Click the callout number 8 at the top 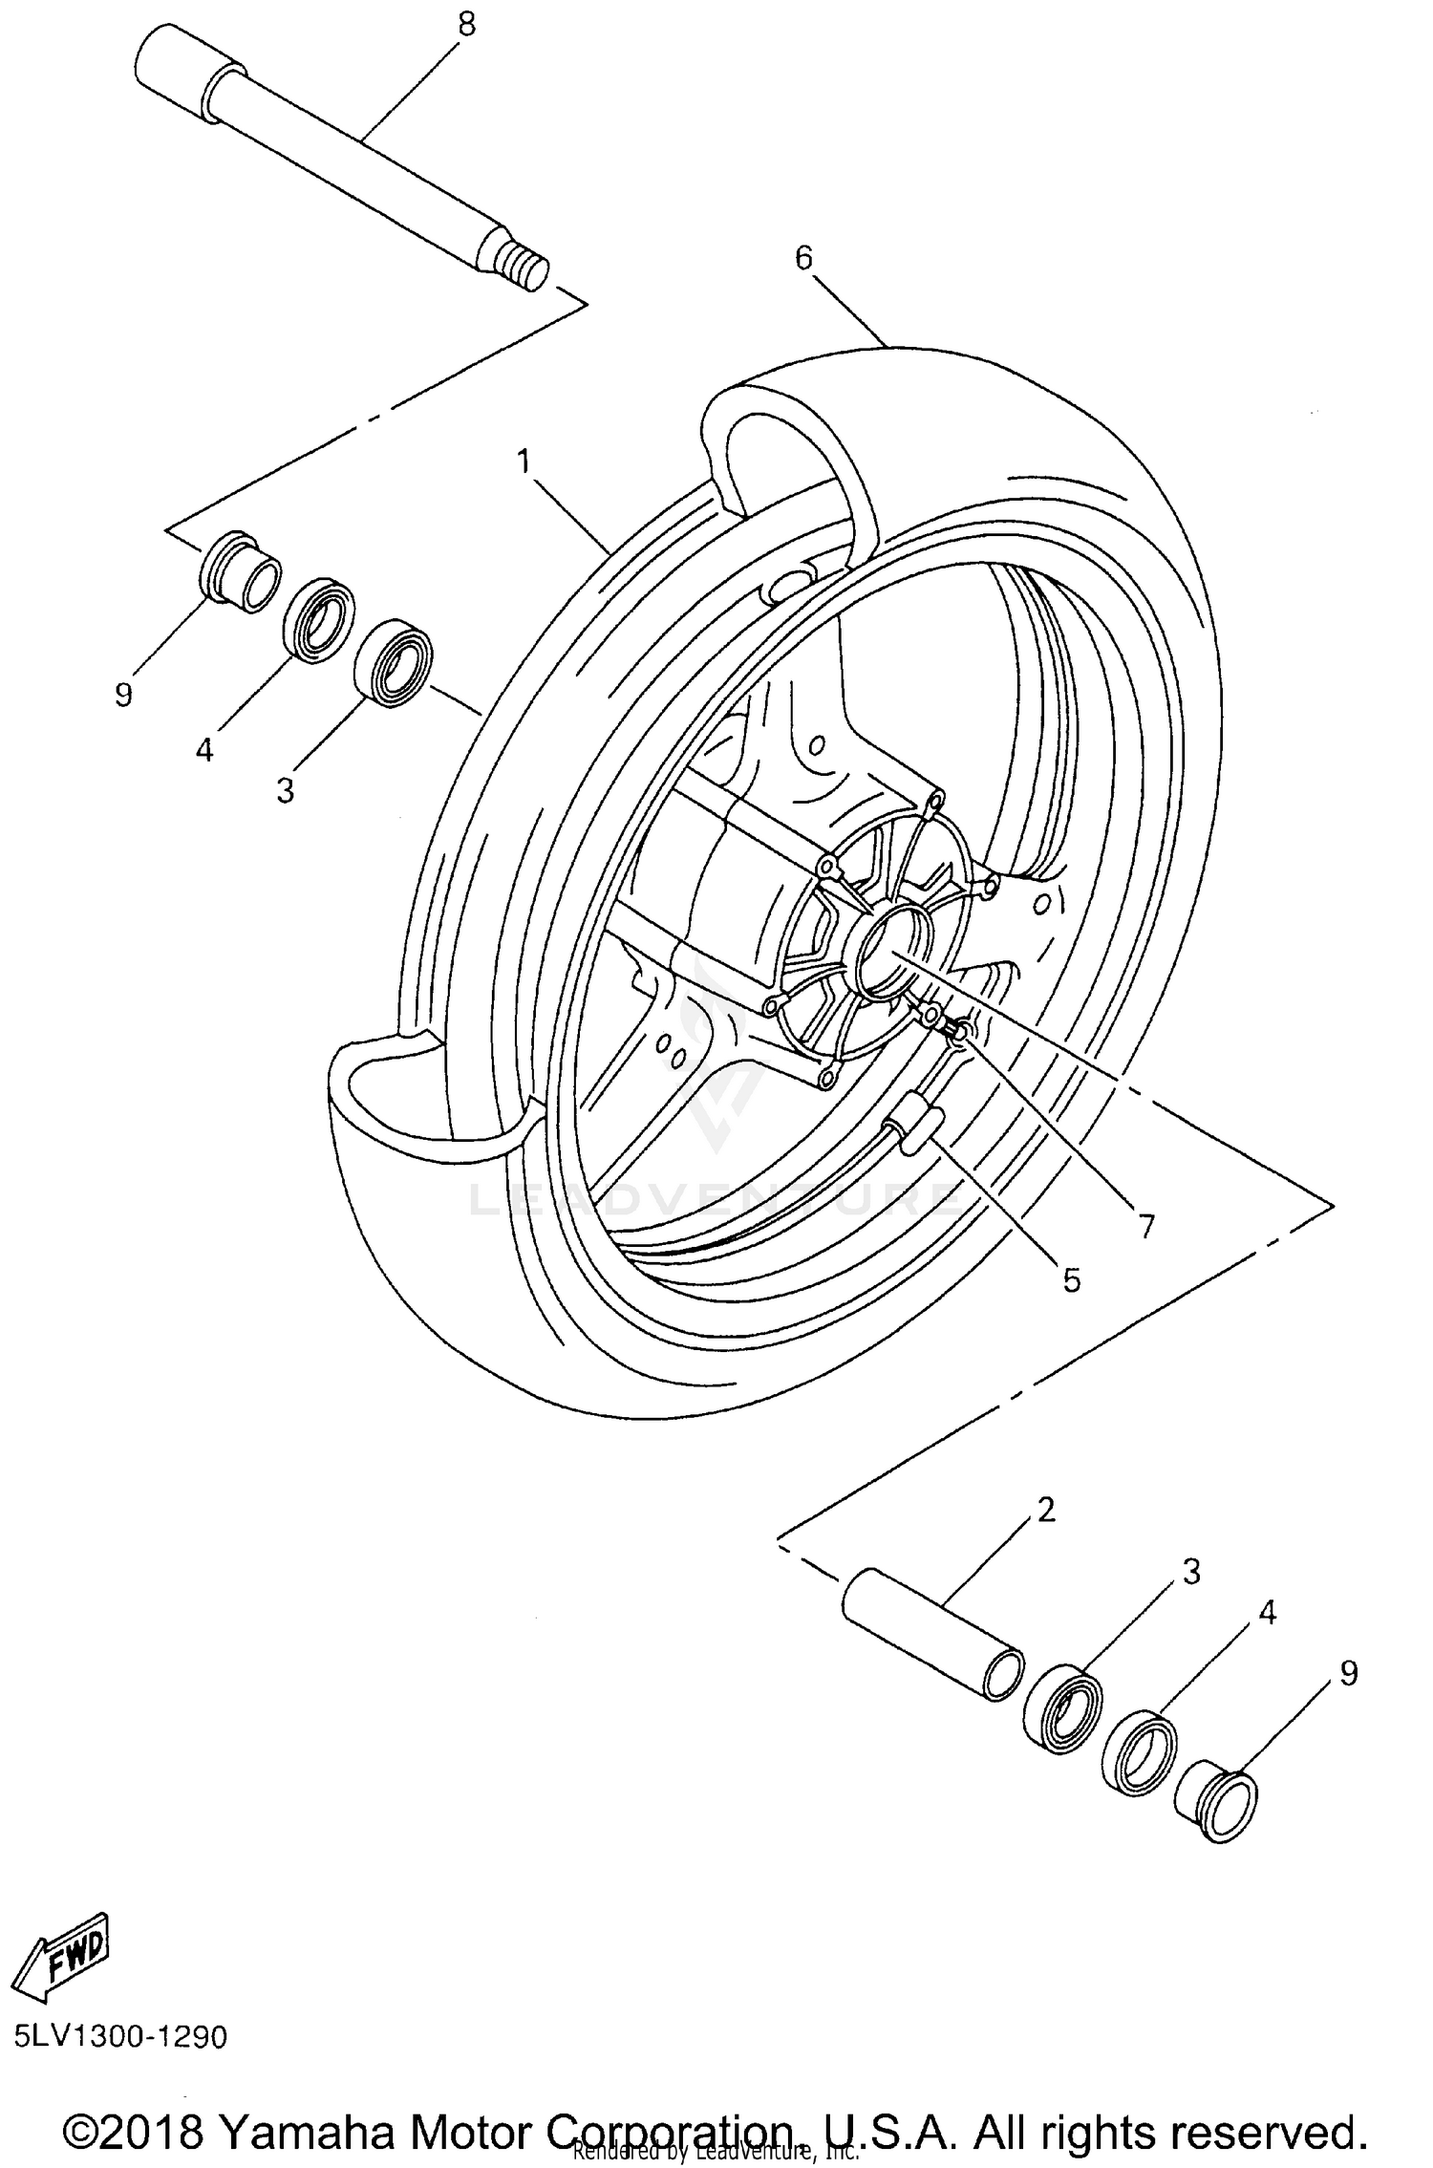click(x=465, y=25)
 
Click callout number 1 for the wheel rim click(x=524, y=462)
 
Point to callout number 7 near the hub click(x=1144, y=1226)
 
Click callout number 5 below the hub click(x=1072, y=1280)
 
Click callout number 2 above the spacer click(x=1046, y=1510)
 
